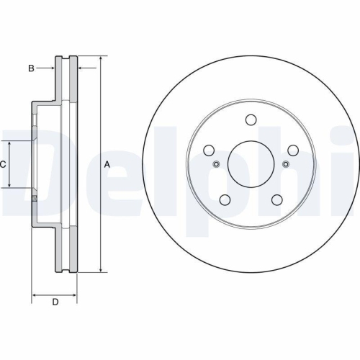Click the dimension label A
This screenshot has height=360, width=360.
[x=107, y=165]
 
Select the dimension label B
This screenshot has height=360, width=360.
[x=31, y=68]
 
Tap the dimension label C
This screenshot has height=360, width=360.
[x=3, y=165]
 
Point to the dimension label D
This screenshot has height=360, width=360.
[x=55, y=302]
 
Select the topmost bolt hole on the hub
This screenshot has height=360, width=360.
[x=251, y=120]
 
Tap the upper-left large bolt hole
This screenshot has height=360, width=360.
[x=209, y=150]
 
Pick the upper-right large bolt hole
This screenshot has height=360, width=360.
[x=292, y=150]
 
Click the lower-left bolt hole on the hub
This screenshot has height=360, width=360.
[x=225, y=200]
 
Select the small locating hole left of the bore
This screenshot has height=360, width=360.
[x=216, y=164]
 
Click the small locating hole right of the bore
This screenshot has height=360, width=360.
[x=285, y=164]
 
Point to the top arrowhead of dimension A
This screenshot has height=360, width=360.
[x=100, y=58]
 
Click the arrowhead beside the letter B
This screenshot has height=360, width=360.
[x=52, y=68]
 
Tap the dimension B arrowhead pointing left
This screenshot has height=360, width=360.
[x=80, y=68]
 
